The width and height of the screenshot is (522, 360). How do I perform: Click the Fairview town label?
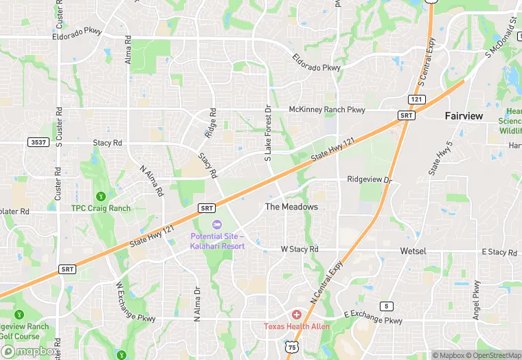(464, 116)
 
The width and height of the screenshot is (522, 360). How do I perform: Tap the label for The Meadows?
(292, 207)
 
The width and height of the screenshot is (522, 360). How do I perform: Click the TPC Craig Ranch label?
(100, 208)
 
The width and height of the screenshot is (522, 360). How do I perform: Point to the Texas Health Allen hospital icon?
(297, 314)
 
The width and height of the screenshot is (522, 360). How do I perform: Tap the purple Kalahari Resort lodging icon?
(217, 225)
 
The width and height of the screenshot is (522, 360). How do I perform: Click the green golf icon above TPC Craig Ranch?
(102, 196)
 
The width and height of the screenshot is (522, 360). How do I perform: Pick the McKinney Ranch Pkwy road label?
(327, 109)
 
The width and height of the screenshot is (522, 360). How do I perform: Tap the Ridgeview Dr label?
(369, 180)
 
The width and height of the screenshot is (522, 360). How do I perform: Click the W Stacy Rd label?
(299, 249)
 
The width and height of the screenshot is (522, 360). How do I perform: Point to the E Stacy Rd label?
(499, 252)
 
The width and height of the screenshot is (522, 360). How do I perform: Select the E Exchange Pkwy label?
(374, 317)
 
